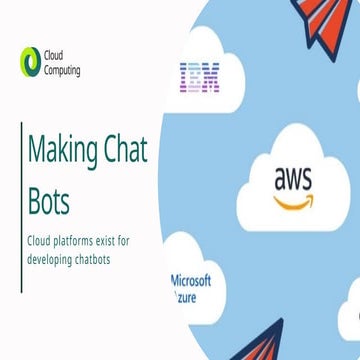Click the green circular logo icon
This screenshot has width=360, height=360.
coord(31,62)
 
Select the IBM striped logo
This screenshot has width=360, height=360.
coord(199,77)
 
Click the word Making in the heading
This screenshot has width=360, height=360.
coord(62,152)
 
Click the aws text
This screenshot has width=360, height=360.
coord(293,179)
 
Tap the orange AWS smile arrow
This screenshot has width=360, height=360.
coord(293,203)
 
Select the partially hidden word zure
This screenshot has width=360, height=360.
coord(186,297)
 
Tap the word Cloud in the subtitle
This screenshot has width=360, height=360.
coord(41,241)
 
